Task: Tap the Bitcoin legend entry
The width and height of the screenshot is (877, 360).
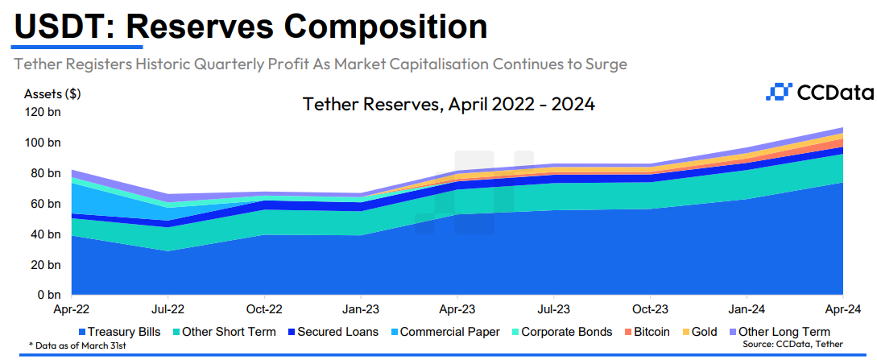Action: coord(645,332)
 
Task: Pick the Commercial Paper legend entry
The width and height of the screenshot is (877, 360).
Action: coord(442,332)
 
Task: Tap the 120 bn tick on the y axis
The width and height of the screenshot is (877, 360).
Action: coord(43,112)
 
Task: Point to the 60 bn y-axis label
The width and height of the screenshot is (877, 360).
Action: coord(46,204)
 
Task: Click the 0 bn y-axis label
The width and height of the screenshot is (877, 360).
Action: coord(49,296)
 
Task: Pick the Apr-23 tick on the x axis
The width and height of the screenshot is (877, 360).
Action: coord(457,308)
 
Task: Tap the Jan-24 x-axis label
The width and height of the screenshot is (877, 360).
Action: coord(747,308)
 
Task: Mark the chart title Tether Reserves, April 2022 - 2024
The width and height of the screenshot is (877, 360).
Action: coord(449,105)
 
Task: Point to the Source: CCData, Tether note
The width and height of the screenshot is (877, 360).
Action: coord(793,345)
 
